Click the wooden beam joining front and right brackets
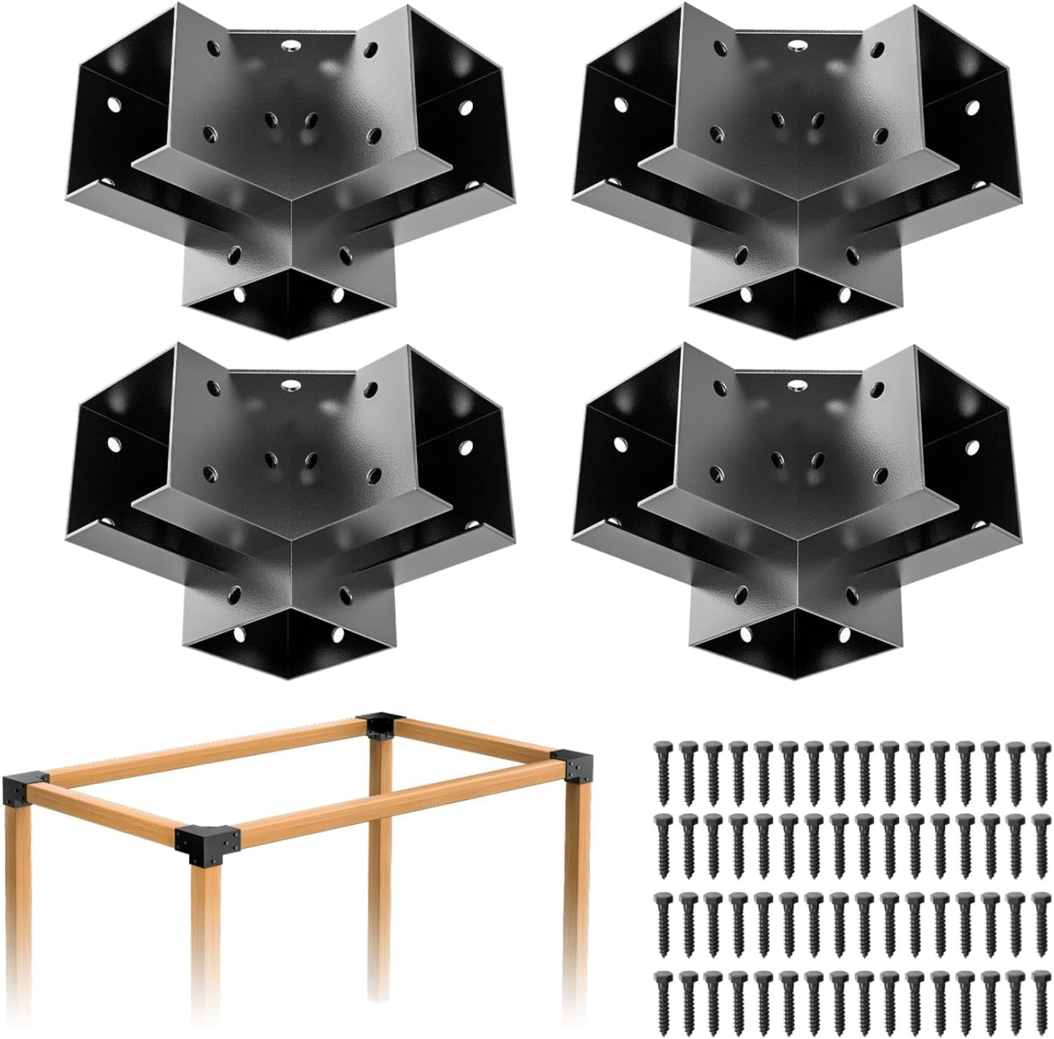point(401,805)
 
